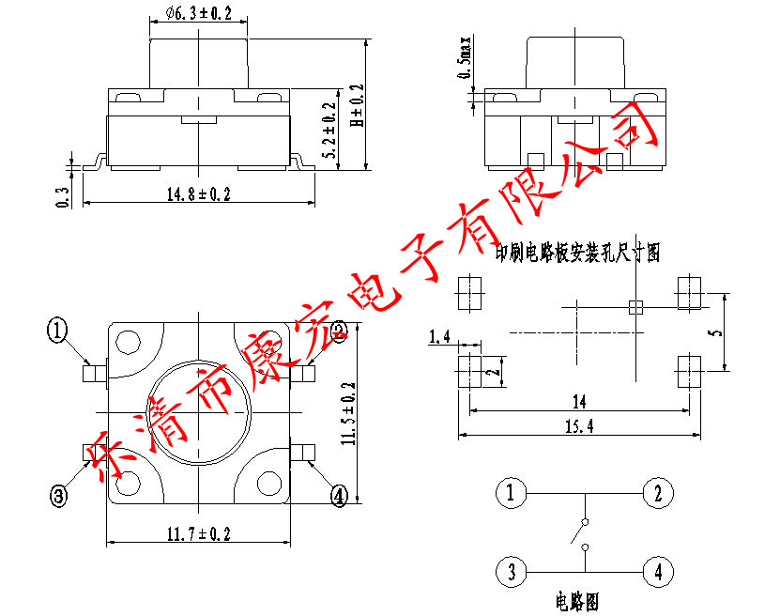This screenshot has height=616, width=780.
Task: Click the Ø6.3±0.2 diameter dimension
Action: click(197, 14)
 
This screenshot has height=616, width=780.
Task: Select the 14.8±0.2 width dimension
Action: click(198, 194)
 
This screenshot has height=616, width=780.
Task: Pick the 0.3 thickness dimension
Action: click(63, 196)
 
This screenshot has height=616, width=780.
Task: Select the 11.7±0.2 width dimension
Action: click(198, 534)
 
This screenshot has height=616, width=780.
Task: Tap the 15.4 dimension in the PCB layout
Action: click(579, 427)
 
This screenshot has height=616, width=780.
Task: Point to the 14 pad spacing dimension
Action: click(578, 402)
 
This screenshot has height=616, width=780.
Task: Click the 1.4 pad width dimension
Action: click(438, 337)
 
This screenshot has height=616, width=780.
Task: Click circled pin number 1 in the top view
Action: click(59, 330)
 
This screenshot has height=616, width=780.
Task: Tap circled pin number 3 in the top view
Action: click(59, 497)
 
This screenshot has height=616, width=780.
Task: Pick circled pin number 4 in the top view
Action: click(339, 496)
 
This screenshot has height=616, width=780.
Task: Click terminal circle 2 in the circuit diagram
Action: click(659, 493)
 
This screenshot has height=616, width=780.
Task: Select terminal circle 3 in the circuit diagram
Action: click(511, 570)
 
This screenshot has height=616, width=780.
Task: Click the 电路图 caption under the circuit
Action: click(577, 600)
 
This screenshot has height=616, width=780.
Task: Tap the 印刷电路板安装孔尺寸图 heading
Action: click(579, 252)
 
